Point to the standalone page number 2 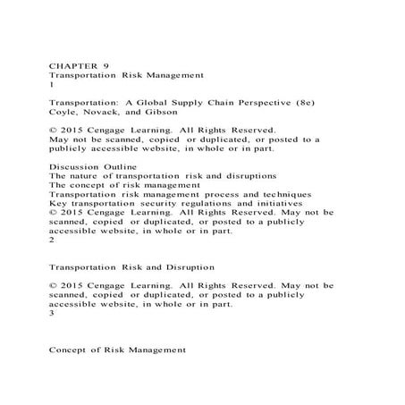pyautogui.click(x=52, y=240)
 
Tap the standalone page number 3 pyautogui.click(x=52, y=313)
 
